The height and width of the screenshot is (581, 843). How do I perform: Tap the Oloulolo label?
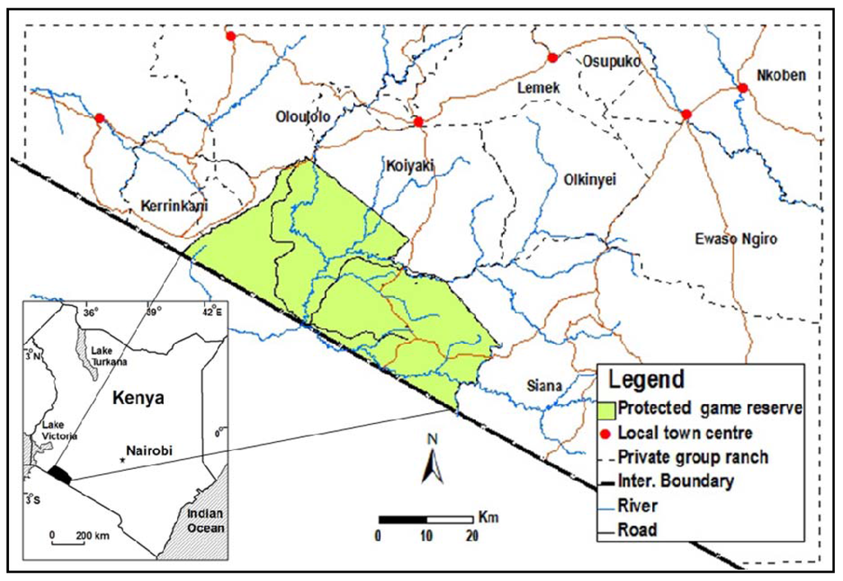tap(302, 117)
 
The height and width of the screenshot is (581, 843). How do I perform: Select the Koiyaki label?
tap(409, 167)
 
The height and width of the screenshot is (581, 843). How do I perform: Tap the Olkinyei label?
tap(590, 179)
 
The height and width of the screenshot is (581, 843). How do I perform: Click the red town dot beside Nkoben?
tap(742, 88)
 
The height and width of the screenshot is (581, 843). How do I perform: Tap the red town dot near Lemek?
tap(553, 58)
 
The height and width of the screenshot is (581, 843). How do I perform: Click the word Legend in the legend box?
tap(646, 380)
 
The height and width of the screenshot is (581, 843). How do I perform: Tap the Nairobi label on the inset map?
tap(153, 451)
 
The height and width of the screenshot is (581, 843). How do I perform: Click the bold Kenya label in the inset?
tap(137, 397)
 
